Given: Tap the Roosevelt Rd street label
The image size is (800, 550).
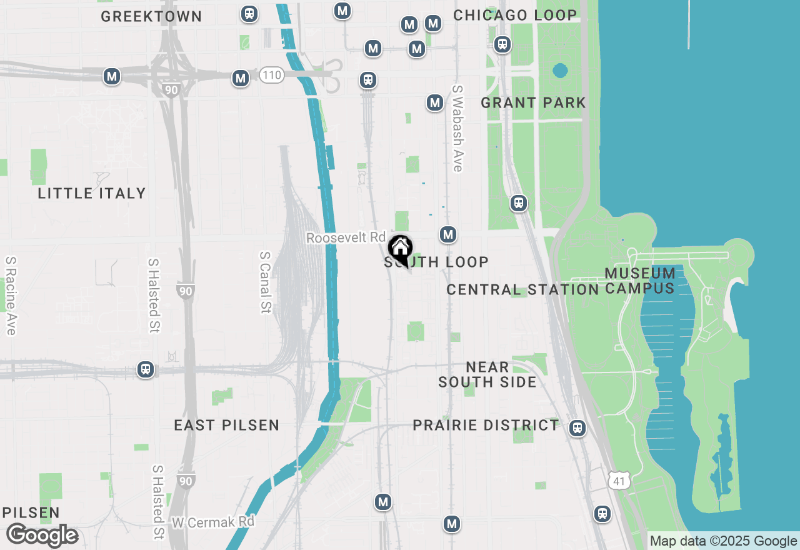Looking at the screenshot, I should pyautogui.click(x=346, y=237).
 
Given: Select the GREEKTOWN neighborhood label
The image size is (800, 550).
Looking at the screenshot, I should pyautogui.click(x=151, y=16).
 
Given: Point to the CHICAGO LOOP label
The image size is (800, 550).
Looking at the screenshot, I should pyautogui.click(x=515, y=15).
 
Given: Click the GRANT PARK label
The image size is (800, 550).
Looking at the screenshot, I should pyautogui.click(x=533, y=102).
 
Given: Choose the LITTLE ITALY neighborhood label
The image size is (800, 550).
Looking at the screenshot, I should pyautogui.click(x=92, y=193).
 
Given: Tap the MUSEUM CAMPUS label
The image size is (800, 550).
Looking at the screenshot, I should pyautogui.click(x=640, y=281).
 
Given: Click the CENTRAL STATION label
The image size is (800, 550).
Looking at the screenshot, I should pyautogui.click(x=522, y=289).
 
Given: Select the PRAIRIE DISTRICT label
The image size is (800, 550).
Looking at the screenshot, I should pyautogui.click(x=486, y=426).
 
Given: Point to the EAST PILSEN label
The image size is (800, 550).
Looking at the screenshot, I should pyautogui.click(x=226, y=426).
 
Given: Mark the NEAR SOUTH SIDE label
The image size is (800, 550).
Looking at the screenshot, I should pyautogui.click(x=487, y=374).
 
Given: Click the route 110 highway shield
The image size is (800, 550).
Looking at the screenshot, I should pyautogui.click(x=272, y=76).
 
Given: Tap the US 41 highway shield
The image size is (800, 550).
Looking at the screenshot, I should pyautogui.click(x=618, y=481).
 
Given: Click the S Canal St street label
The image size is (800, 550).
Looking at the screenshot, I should pyautogui.click(x=265, y=282).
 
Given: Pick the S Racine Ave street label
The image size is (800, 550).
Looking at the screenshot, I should pyautogui.click(x=11, y=296).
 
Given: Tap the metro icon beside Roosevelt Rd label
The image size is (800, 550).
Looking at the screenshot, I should pyautogui.click(x=447, y=234).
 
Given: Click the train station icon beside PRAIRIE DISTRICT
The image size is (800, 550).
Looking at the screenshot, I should pyautogui.click(x=577, y=428).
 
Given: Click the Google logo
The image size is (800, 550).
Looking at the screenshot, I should pyautogui.click(x=42, y=536).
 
